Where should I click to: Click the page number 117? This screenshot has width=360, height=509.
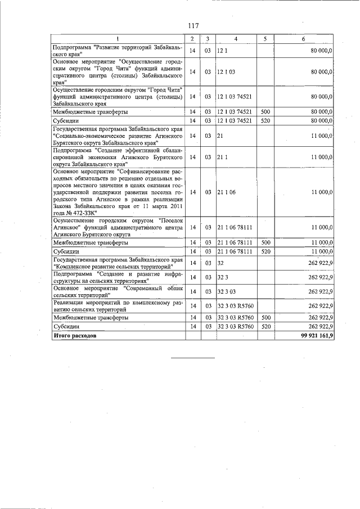193,26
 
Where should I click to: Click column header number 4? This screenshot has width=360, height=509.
236,39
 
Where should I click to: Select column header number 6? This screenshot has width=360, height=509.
303,39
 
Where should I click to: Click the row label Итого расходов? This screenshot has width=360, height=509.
74,336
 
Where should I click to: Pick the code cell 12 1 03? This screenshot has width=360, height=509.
226,72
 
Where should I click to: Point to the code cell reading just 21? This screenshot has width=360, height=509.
220,136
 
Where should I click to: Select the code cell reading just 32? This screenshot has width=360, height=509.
220,263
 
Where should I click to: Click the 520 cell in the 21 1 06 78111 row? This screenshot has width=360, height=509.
266,251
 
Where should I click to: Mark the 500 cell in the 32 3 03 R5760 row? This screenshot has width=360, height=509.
266,318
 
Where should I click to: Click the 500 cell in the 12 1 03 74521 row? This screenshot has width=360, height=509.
266,112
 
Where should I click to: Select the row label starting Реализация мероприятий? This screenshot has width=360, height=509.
118,305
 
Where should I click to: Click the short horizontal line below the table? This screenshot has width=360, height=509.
193,357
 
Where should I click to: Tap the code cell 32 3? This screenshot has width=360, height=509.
222,277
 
